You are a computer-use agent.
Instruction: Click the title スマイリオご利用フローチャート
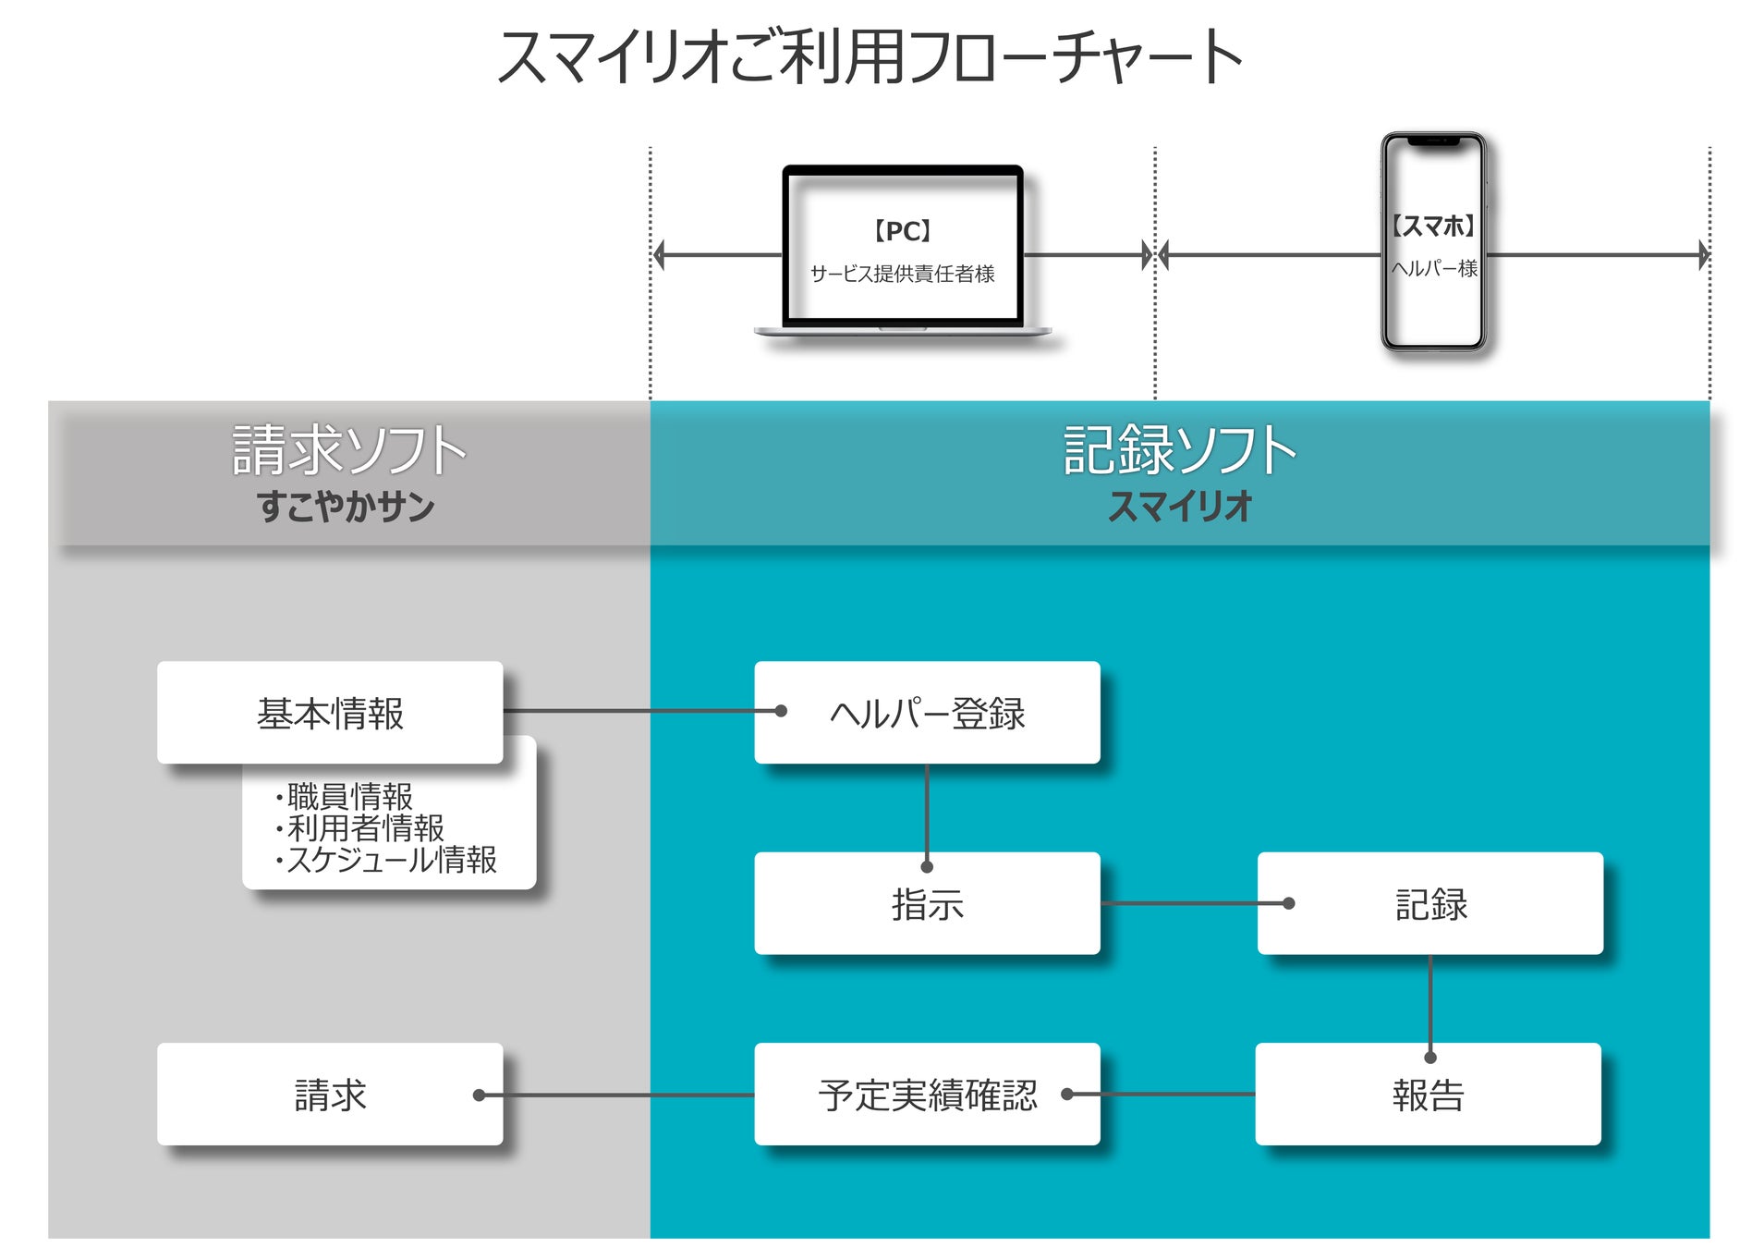(870, 57)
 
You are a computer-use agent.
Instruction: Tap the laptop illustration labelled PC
(903, 250)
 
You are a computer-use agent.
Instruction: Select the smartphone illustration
(1433, 241)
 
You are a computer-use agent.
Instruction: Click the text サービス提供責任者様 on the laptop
(902, 274)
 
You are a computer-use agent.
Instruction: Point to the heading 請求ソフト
(348, 450)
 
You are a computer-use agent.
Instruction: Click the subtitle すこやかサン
(346, 507)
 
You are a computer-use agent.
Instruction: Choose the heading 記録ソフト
(1180, 450)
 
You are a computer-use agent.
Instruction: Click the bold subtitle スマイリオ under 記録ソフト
(1180, 507)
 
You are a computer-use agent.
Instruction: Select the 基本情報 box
(330, 712)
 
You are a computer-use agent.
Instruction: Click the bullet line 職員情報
(344, 796)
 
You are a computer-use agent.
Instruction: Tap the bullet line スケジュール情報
(386, 860)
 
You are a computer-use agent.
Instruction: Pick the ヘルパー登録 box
(927, 712)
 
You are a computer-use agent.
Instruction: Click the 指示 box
(927, 903)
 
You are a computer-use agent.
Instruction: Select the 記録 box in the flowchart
(1430, 903)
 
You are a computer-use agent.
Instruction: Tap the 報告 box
(1429, 1095)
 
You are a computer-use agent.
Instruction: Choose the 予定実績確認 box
(927, 1095)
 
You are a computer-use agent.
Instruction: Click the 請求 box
(330, 1095)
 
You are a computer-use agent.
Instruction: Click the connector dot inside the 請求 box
(479, 1095)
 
